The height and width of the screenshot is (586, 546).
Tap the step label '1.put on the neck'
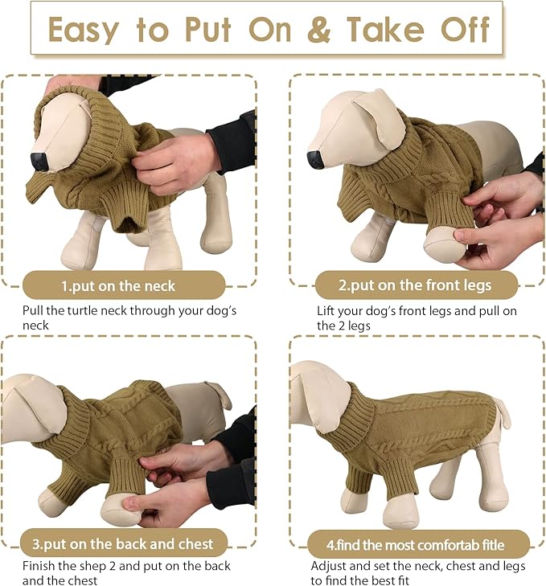118,285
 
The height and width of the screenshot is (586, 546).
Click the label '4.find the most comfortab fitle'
416,545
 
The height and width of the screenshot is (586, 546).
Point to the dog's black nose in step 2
314,159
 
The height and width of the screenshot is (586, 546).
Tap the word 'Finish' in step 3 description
39,566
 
